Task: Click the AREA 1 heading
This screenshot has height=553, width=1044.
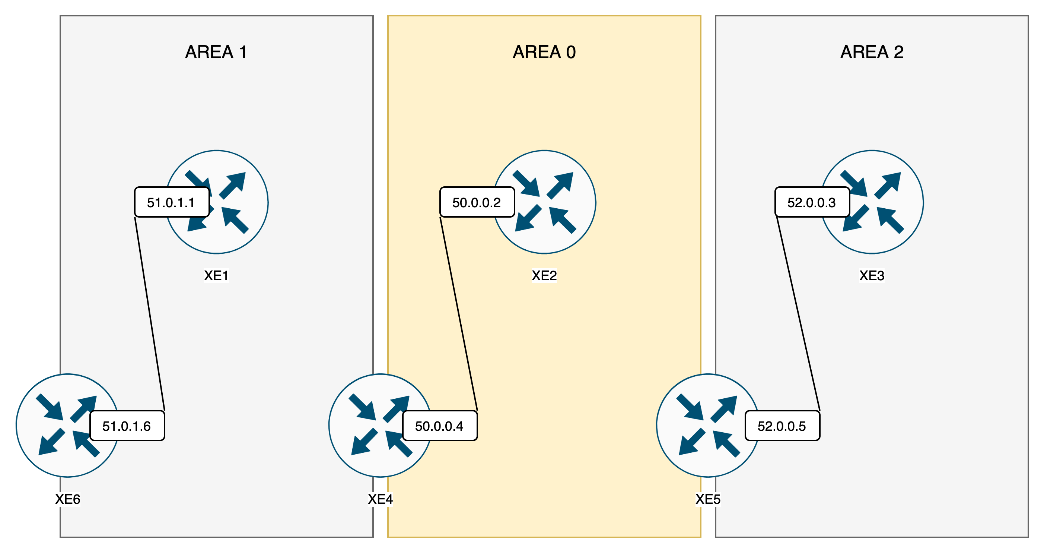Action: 216,52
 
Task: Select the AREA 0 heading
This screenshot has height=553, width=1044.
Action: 544,52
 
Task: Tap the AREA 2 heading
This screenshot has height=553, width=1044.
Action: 872,52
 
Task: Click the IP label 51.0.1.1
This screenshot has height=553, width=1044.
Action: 171,202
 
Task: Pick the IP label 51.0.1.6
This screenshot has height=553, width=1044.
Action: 127,426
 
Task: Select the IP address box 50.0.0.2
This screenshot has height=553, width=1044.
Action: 477,202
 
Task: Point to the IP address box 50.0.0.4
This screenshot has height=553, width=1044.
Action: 440,426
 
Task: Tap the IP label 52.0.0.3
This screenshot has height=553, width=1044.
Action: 812,202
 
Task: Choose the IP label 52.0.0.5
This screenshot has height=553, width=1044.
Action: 782,426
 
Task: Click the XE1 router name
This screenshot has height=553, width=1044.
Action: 216,275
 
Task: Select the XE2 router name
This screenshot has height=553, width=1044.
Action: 544,275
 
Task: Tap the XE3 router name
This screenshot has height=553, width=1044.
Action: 872,275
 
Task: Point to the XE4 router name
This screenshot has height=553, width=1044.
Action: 380,499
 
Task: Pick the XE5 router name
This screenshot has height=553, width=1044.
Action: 708,499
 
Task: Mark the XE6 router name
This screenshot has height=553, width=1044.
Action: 68,499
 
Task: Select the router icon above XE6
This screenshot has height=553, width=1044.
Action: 57,425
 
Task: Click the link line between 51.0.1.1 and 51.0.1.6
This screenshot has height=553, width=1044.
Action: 150,314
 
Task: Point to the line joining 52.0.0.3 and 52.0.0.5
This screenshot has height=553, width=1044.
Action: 798,314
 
